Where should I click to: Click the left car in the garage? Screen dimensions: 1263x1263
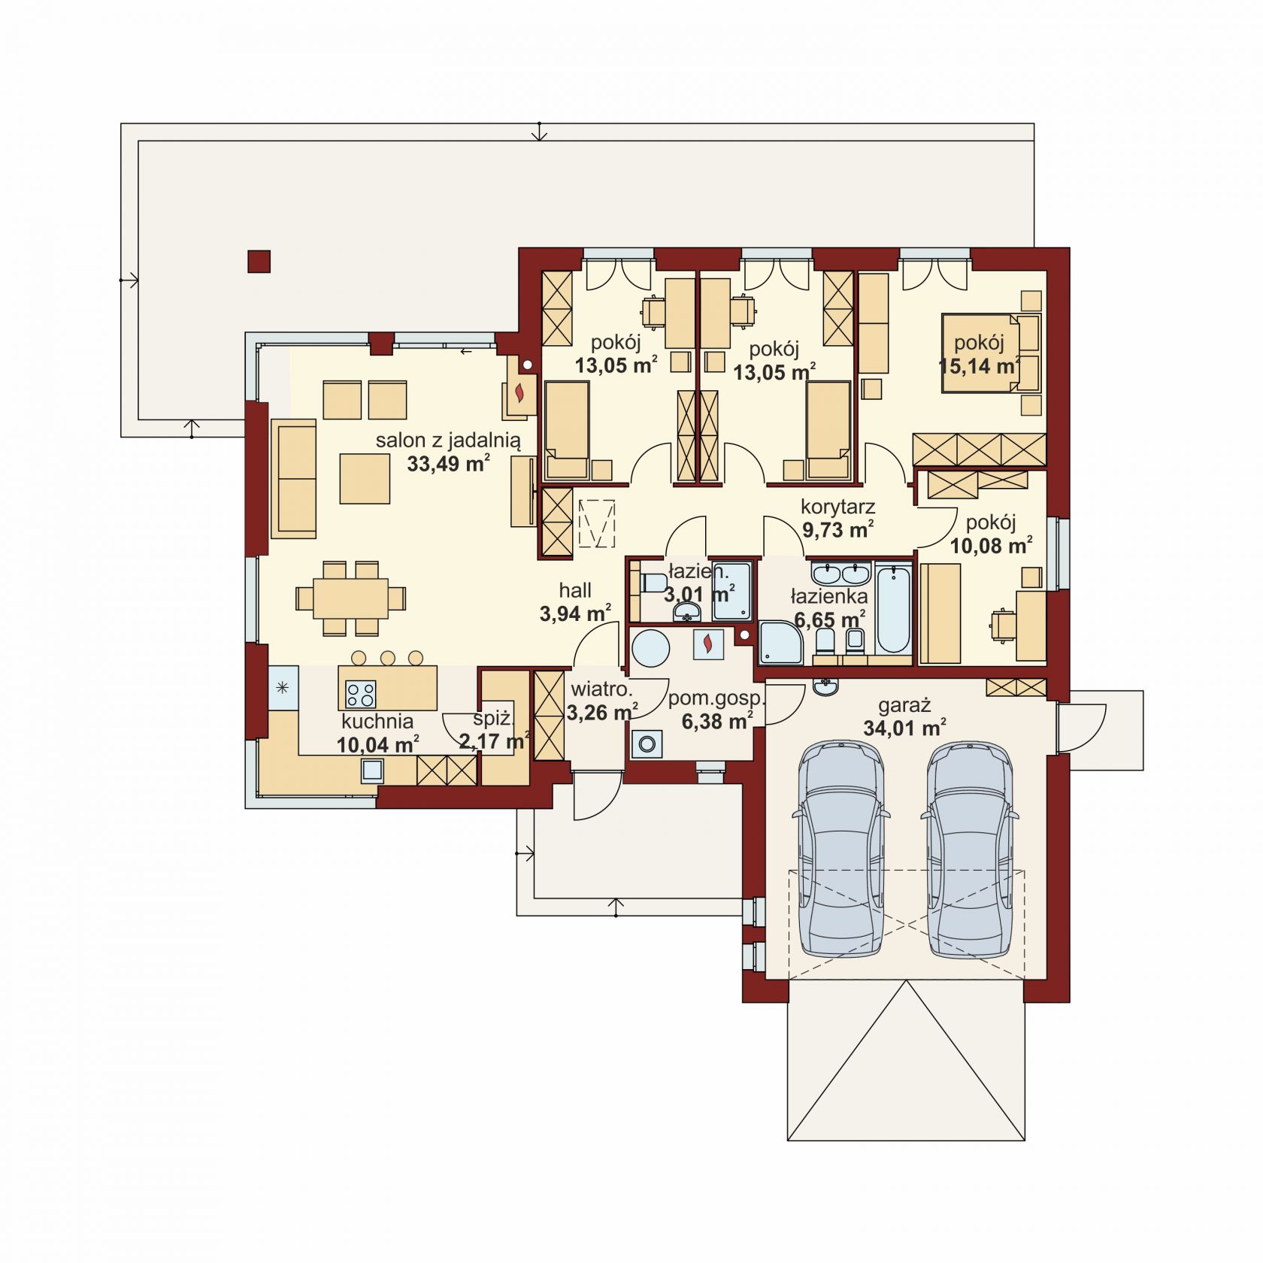840,849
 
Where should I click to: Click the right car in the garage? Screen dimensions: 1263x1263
970,849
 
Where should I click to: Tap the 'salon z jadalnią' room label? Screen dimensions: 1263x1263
448,441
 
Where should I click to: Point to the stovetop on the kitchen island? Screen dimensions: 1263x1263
359,693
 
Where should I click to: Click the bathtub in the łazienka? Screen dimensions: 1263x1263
892,610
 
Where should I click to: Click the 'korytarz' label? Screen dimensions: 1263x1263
837,507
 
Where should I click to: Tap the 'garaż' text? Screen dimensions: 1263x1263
904,705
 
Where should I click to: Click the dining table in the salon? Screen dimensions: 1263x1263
351,598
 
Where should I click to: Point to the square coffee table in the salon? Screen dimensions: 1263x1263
365,477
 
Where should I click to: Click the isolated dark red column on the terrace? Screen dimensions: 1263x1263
259,261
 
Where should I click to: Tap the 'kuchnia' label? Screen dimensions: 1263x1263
377,722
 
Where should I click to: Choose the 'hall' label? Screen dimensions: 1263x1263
575,590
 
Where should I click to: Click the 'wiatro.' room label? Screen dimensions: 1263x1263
601,689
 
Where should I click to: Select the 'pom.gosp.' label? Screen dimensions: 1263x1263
716,698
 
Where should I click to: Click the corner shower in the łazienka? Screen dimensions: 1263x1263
780,643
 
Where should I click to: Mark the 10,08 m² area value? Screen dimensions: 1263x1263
991,546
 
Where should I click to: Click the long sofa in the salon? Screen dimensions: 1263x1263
293,479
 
